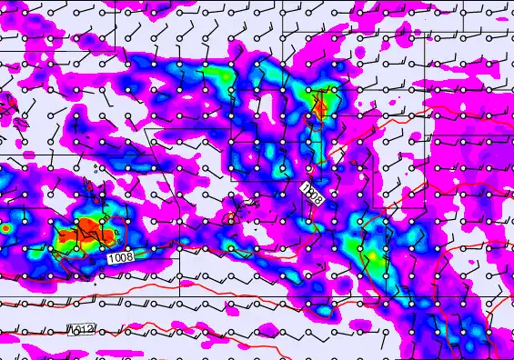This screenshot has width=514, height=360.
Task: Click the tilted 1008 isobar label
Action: coord(312,192)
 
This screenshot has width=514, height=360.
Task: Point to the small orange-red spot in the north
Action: coord(319,108)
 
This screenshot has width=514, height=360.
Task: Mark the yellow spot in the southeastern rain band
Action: coord(372,256)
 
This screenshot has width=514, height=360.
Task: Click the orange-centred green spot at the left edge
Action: coord(5,229)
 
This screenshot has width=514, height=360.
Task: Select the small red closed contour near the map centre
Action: coord(231,218)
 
